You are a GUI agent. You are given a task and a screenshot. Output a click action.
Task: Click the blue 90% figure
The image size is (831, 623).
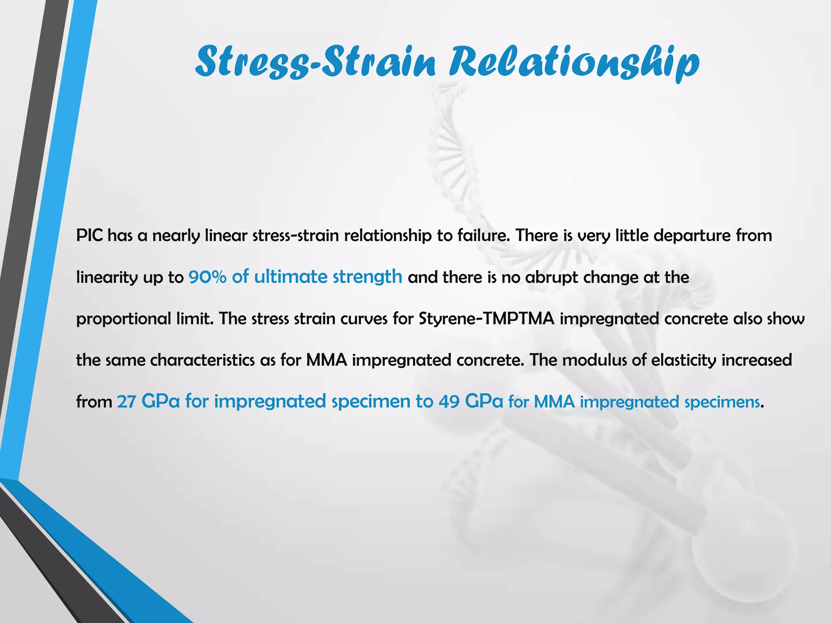(x=207, y=277)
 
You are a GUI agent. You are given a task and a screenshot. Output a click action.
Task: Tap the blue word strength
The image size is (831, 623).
(x=367, y=277)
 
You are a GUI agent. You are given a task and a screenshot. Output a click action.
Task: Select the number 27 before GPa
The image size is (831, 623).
(x=126, y=402)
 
